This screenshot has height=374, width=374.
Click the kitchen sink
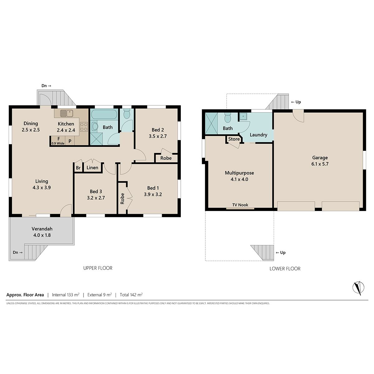[x=67, y=113]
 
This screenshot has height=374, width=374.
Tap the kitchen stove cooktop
[x=84, y=127]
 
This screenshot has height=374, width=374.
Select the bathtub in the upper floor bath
[x=104, y=114]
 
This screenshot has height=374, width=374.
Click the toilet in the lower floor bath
[x=228, y=117]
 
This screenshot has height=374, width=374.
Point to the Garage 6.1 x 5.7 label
[x=320, y=161]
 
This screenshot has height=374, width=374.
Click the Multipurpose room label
[x=239, y=173]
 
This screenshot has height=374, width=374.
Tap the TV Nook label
[x=240, y=205]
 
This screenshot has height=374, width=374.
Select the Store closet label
[x=234, y=139]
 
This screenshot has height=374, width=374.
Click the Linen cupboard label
[x=92, y=167]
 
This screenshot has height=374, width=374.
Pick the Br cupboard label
[x=78, y=168]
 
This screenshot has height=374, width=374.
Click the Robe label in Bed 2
[x=166, y=158]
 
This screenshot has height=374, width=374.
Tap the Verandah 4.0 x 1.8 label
[x=42, y=232]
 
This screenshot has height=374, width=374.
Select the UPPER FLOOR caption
[x=98, y=268]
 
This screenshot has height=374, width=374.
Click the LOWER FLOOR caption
[x=285, y=269]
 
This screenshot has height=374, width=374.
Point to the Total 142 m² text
[x=131, y=295]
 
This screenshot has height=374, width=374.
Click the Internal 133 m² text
[x=65, y=295]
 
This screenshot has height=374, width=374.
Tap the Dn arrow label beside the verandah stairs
[x=18, y=252]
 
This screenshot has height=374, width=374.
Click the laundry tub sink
[x=243, y=117]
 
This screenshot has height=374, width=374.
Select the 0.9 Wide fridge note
[x=58, y=143]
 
